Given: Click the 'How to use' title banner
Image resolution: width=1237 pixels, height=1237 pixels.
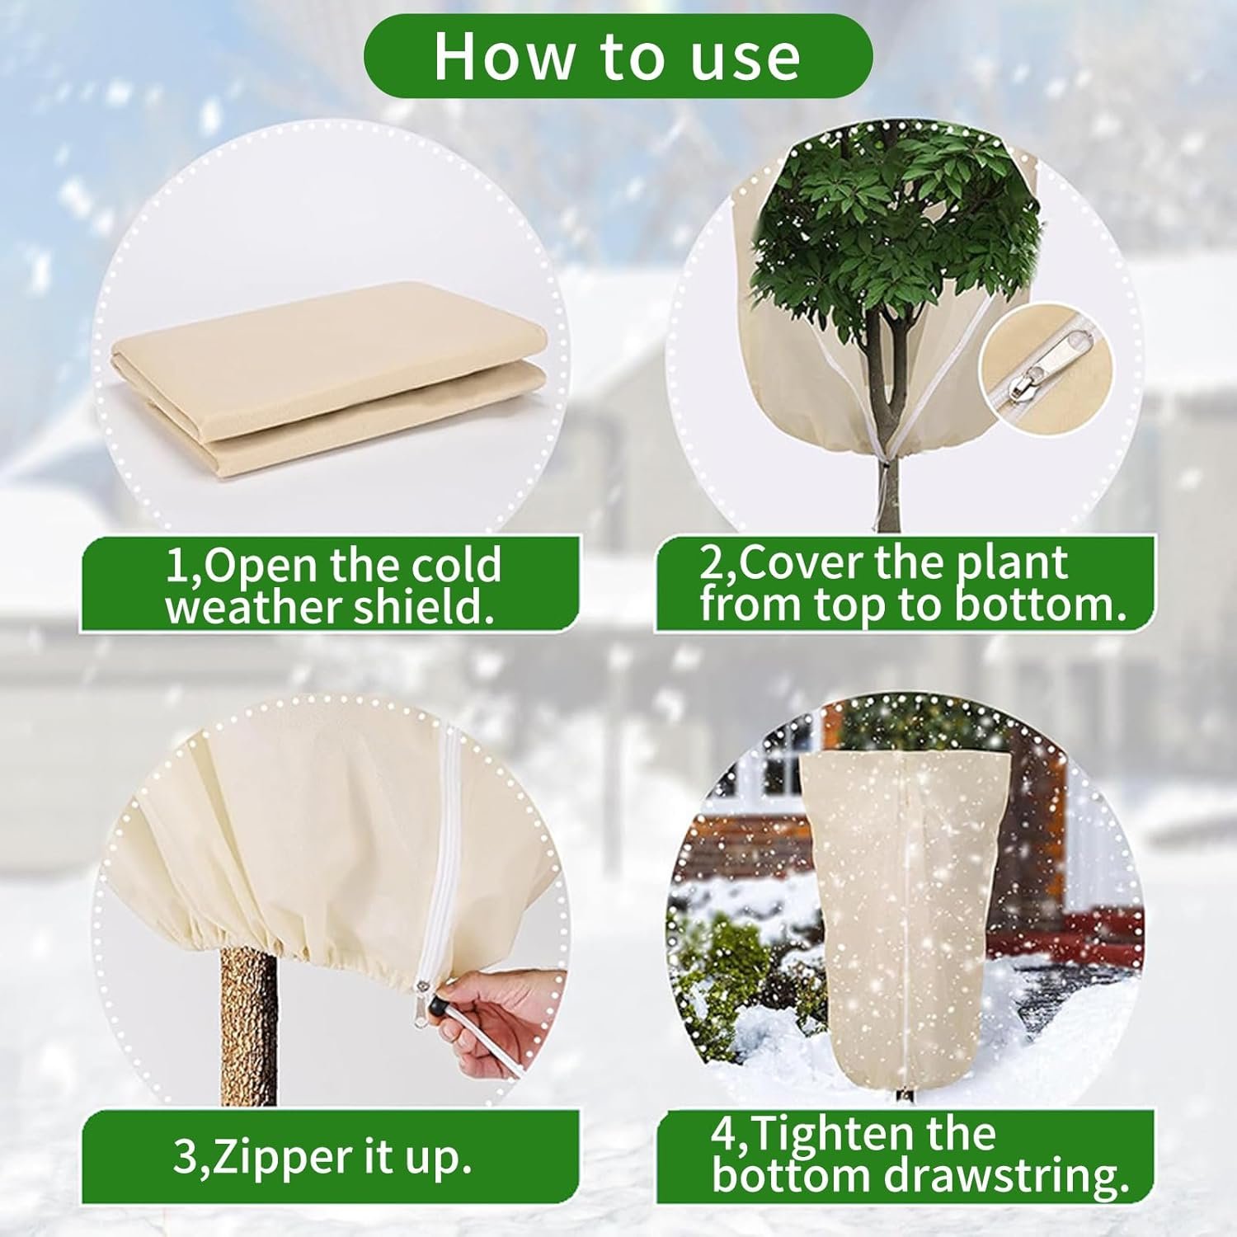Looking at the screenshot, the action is (618, 56).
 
